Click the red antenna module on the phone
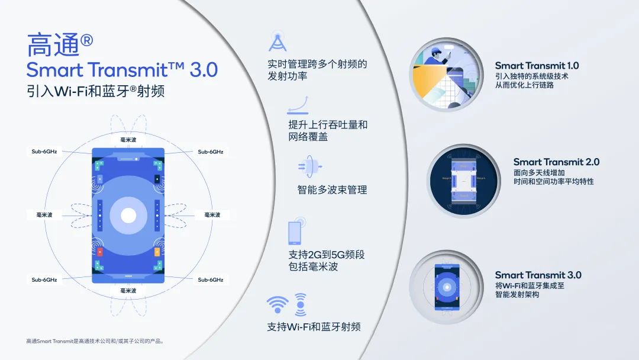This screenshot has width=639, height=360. [x=100, y=252]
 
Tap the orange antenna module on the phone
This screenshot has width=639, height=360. [x=157, y=252]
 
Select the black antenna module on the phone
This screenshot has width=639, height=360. [x=157, y=179]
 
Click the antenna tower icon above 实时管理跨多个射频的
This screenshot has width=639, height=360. [x=277, y=42]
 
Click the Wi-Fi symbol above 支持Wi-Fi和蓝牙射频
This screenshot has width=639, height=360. [x=277, y=305]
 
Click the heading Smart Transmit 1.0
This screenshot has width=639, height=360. [x=537, y=66]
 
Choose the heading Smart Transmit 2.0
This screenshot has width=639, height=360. [x=556, y=162]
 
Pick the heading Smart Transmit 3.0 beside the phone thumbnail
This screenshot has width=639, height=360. [x=538, y=275]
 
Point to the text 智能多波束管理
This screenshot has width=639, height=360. [x=332, y=189]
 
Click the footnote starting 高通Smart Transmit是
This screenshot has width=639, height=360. [x=95, y=341]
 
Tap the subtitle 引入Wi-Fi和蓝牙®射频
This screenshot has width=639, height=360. [x=95, y=91]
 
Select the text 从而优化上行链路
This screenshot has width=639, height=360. [x=524, y=85]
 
